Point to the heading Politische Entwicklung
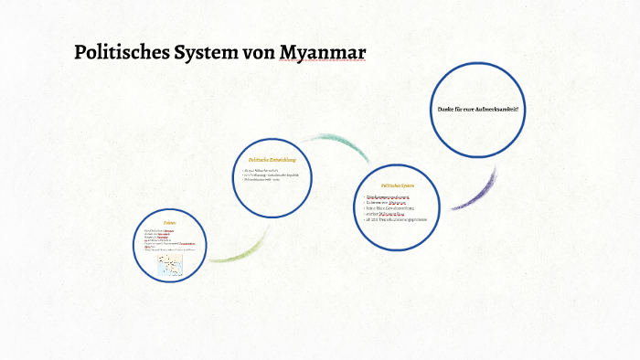tap(272, 160)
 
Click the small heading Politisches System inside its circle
tap(398, 185)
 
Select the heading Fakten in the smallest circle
tap(169, 222)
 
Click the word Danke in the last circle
tap(446, 110)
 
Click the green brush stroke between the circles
tap(240, 251)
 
